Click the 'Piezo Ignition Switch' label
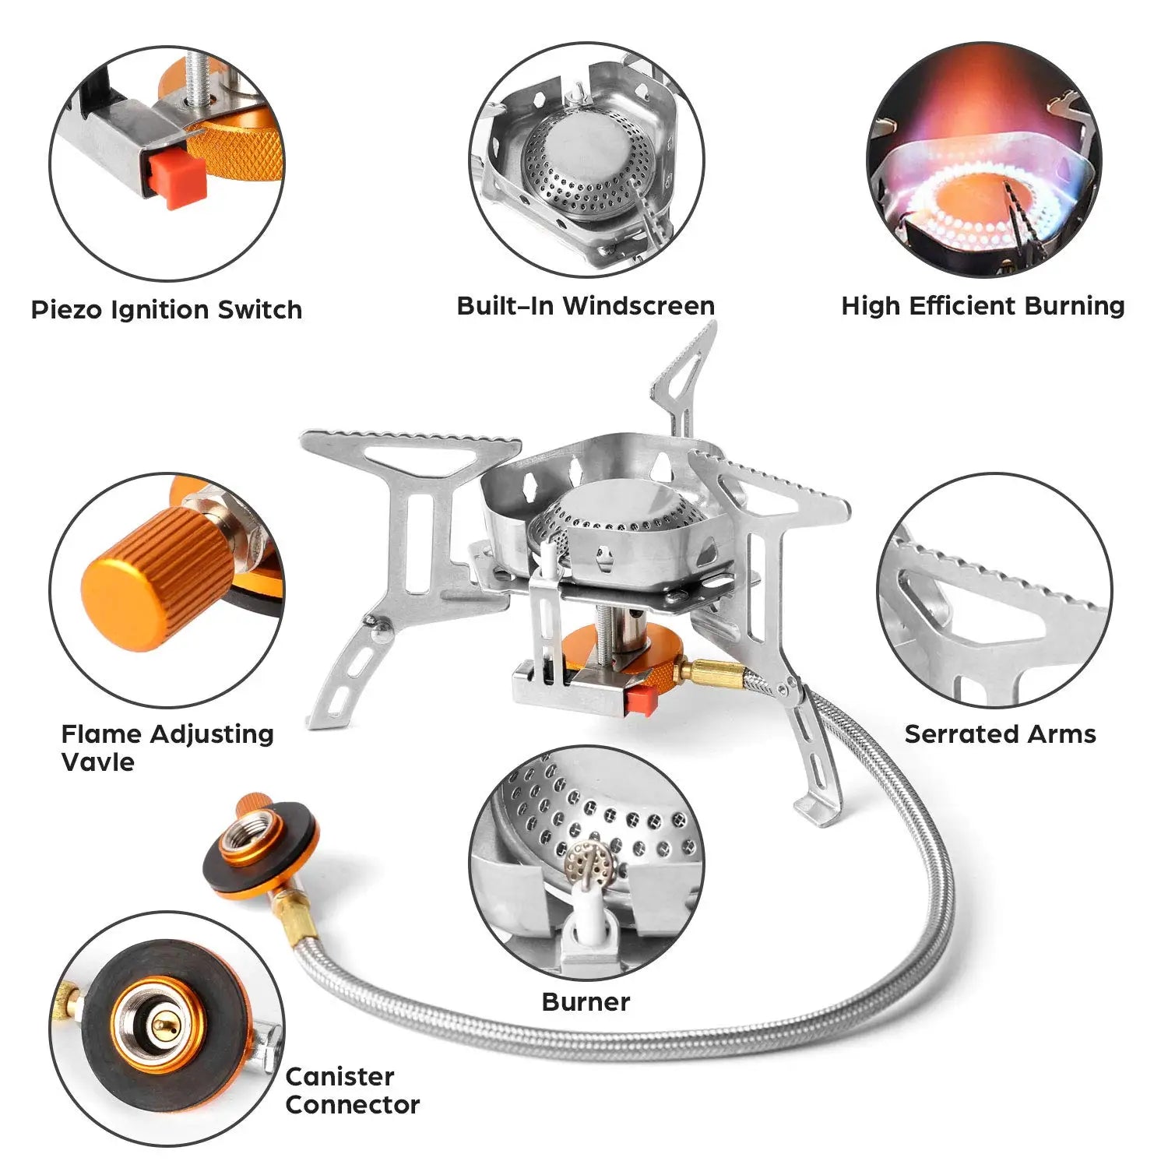(x=166, y=309)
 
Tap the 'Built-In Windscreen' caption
(x=586, y=305)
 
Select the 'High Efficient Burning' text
(x=983, y=305)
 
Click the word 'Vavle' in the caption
(x=97, y=762)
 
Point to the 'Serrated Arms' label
(x=1000, y=734)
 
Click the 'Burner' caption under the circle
(x=586, y=1001)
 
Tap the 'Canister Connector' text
(x=352, y=1090)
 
